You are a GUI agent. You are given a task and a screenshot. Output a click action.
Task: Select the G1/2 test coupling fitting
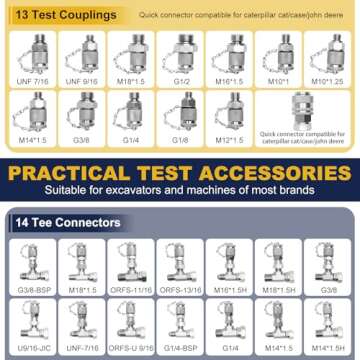pyautogui.click(x=182, y=52)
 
